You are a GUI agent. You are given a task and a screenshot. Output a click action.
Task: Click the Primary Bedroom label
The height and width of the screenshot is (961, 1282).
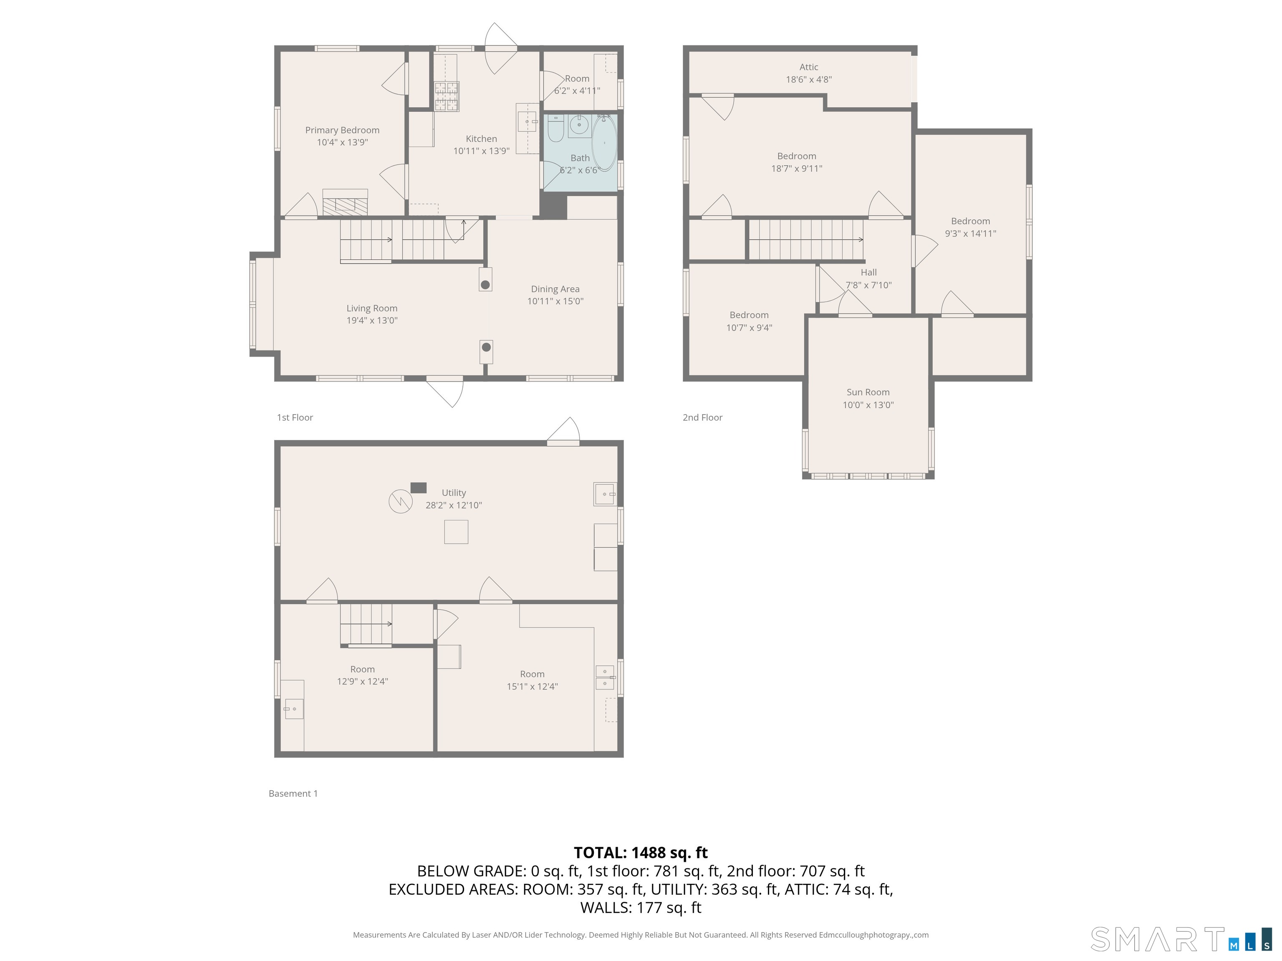click(x=342, y=130)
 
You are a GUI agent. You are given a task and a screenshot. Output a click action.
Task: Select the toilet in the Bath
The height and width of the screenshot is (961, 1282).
click(x=555, y=128)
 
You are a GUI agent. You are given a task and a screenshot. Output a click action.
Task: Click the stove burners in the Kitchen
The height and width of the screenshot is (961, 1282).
click(x=446, y=96)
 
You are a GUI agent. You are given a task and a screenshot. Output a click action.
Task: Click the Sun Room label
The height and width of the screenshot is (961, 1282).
click(x=868, y=392)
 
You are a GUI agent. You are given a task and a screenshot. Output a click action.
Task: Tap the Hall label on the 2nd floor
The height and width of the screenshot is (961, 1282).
click(x=868, y=272)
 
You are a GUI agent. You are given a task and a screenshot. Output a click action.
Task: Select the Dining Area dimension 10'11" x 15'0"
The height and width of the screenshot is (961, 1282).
click(x=555, y=301)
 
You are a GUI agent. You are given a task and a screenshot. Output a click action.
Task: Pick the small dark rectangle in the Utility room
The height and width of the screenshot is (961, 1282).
click(x=419, y=488)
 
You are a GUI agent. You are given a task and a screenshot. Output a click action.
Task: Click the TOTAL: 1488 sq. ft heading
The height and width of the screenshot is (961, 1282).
click(x=641, y=853)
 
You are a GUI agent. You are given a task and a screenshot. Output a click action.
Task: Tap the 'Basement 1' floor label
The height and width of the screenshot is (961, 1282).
click(x=293, y=794)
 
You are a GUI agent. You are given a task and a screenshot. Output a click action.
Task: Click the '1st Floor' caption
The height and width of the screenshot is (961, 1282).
click(x=295, y=418)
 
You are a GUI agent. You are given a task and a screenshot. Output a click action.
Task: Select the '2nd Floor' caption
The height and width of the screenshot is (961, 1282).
click(x=702, y=418)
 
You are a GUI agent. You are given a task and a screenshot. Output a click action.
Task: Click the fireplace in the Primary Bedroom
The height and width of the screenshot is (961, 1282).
click(x=346, y=203)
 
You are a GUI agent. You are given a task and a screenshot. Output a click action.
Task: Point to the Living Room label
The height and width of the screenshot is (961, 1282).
click(x=371, y=308)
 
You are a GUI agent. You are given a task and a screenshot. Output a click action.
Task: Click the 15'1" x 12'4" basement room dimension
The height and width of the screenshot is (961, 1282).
click(x=532, y=687)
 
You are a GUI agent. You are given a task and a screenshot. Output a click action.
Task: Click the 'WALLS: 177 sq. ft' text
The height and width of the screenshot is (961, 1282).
click(x=641, y=908)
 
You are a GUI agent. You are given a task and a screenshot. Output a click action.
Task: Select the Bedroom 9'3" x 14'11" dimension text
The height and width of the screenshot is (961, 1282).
click(x=970, y=234)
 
